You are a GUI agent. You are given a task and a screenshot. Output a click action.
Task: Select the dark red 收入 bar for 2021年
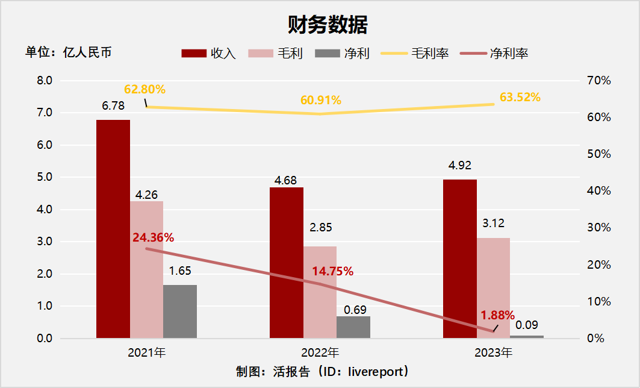pyautogui.click(x=113, y=229)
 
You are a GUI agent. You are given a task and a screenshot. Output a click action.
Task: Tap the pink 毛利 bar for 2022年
pyautogui.click(x=320, y=292)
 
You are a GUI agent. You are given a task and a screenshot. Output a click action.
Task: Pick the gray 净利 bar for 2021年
pyautogui.click(x=180, y=311)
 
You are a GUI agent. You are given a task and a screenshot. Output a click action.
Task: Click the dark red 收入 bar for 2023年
pyautogui.click(x=460, y=259)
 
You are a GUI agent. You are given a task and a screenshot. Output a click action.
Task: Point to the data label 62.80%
pyautogui.click(x=144, y=90)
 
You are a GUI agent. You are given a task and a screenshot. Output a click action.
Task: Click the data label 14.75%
pyautogui.click(x=332, y=271)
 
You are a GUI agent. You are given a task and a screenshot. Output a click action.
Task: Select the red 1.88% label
pyautogui.click(x=497, y=315)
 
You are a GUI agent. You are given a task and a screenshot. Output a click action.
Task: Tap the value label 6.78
pyautogui.click(x=113, y=106)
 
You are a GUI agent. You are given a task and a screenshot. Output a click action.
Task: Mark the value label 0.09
pyautogui.click(x=527, y=325)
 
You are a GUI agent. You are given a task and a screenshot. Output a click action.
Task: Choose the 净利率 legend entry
pyautogui.click(x=494, y=54)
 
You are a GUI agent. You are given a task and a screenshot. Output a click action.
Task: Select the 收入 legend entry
pyautogui.click(x=209, y=54)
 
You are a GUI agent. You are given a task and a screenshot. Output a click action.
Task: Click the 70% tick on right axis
pyautogui.click(x=598, y=80)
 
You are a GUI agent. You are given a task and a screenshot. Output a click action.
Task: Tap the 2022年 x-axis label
pyautogui.click(x=320, y=352)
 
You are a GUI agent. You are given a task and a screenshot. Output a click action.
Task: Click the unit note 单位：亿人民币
pyautogui.click(x=68, y=52)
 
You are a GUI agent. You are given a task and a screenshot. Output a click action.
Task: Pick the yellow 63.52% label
pyautogui.click(x=520, y=97)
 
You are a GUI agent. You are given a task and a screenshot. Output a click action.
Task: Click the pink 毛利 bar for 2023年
pyautogui.click(x=493, y=288)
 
